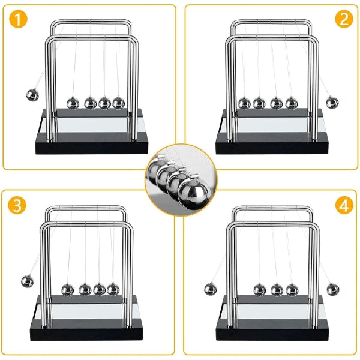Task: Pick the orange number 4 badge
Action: [343, 206]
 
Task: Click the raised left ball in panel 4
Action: [211, 289]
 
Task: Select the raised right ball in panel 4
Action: [332, 289]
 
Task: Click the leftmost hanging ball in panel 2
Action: [244, 103]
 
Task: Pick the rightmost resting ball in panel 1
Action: [118, 103]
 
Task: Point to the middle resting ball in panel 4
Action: [277, 290]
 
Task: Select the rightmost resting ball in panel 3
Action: [113, 289]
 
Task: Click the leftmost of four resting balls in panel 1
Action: [73, 103]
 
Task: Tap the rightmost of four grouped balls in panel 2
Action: [291, 103]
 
